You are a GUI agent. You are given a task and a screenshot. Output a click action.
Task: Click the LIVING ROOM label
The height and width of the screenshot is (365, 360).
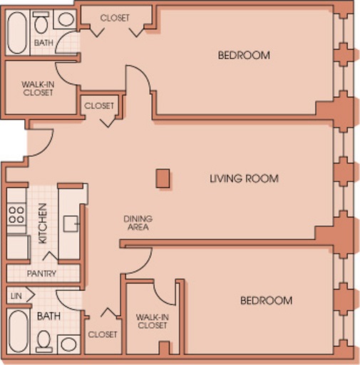244,178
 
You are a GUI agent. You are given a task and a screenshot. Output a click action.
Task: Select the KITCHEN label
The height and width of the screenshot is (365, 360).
43,223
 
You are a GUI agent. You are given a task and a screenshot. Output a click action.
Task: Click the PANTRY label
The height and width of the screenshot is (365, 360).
41,274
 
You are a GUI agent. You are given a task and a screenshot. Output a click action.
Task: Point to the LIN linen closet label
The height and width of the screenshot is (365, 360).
16,296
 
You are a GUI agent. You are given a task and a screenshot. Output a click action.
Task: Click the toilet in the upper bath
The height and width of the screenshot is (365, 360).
41,22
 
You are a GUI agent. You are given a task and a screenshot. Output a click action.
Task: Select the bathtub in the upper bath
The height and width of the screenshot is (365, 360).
16,33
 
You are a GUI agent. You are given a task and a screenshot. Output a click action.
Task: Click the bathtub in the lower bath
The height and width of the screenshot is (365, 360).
19,331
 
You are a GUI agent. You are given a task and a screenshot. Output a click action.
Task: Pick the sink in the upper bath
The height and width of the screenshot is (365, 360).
66,19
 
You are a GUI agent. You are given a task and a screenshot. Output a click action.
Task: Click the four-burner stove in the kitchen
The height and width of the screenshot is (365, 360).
16,215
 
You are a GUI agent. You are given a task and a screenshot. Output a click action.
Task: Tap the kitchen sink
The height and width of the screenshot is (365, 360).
71,223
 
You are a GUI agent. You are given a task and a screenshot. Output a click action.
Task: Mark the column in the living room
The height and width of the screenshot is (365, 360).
163,178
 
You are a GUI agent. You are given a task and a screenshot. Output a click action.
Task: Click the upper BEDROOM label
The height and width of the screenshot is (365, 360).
244,55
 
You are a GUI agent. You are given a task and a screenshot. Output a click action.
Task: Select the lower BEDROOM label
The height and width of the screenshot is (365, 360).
267,301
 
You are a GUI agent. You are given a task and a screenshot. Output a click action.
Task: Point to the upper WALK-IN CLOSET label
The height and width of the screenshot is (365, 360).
38,88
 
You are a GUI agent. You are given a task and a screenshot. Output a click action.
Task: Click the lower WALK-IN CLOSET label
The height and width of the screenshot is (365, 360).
153,322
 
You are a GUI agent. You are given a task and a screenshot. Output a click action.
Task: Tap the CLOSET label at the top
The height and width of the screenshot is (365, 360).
115,18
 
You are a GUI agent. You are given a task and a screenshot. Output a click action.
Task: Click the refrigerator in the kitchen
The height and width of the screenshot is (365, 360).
19,247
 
